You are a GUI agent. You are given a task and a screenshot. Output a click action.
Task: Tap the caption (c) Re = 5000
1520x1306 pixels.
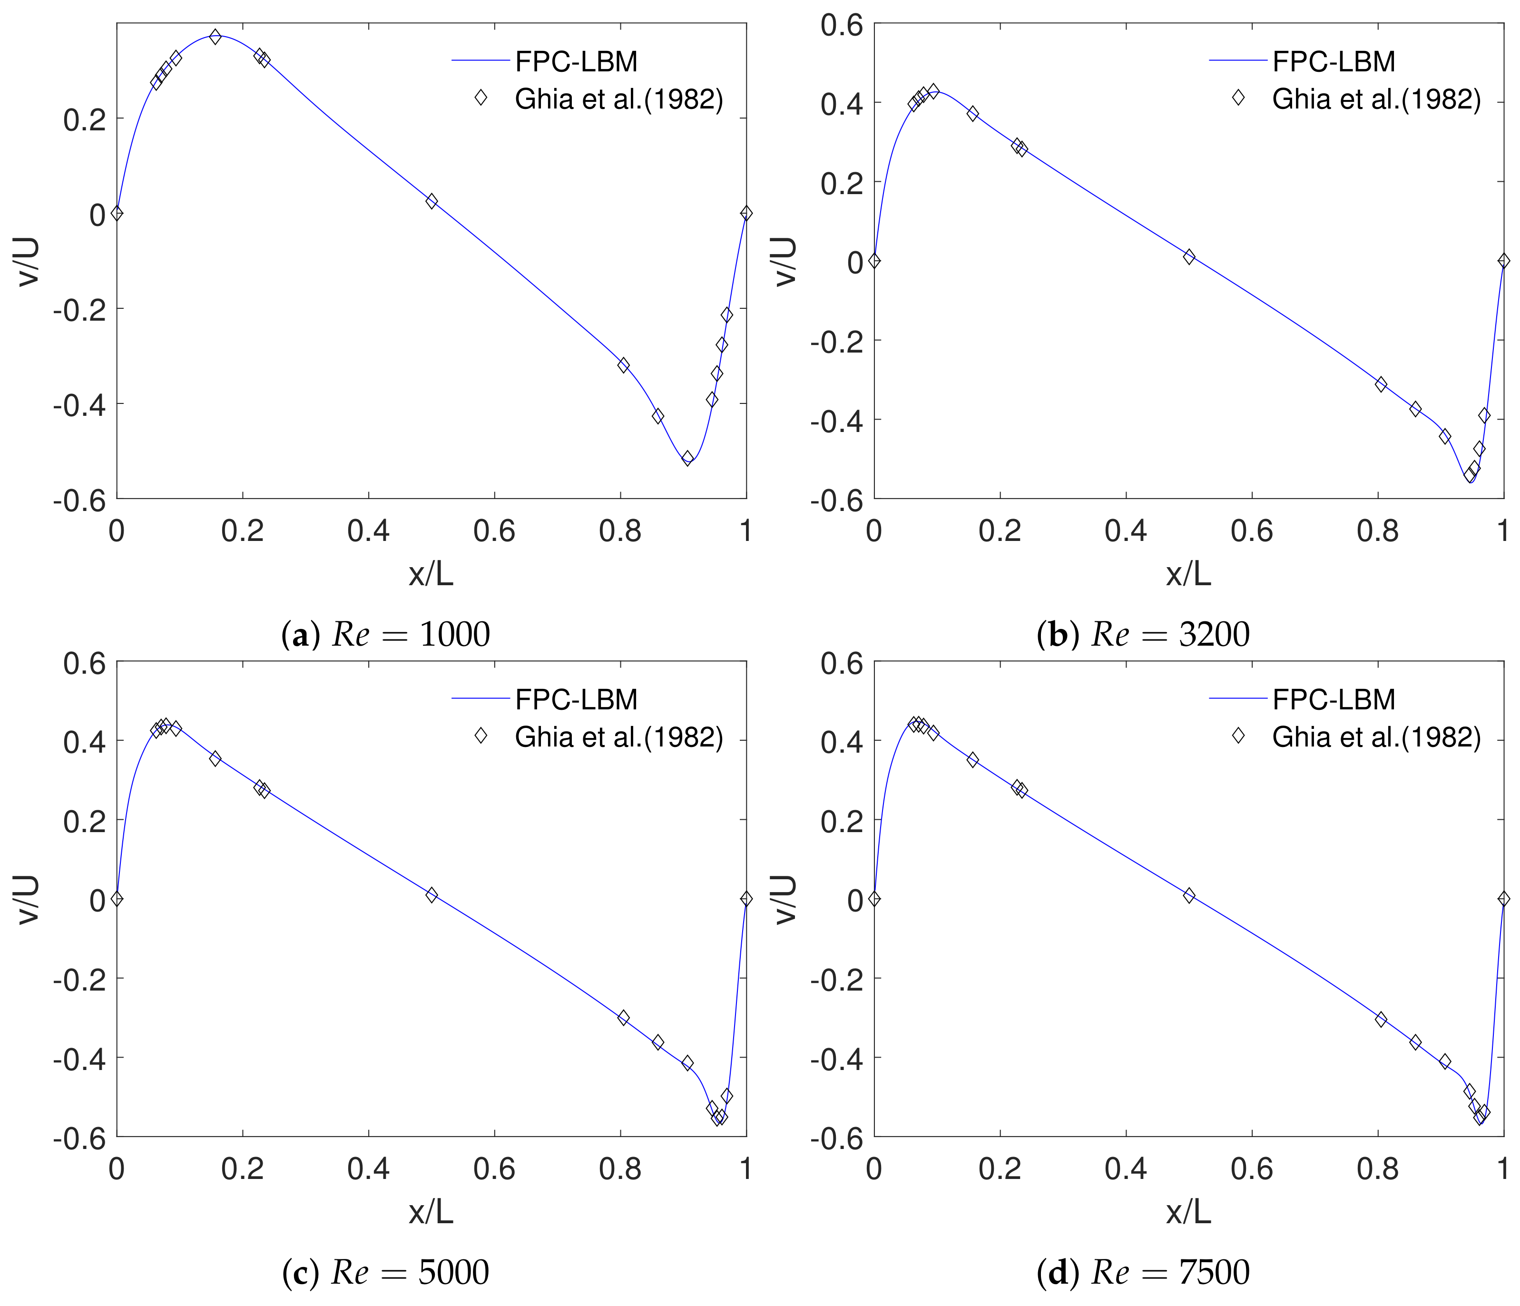386,1272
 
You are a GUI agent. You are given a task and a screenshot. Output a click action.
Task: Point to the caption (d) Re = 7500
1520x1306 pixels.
1143,1272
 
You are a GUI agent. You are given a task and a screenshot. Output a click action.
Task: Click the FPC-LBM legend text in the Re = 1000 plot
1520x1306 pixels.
577,62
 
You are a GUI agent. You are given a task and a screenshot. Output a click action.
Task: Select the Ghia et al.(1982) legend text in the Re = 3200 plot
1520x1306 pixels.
1376,99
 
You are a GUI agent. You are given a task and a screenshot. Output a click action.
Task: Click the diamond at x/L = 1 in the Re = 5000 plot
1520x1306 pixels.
746,898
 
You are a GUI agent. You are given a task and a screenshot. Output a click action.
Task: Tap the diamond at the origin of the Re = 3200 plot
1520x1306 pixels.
874,260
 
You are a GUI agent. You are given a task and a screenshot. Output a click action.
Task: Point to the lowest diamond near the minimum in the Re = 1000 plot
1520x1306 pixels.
687,458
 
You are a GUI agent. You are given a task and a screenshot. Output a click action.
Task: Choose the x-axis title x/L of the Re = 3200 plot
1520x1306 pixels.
1188,574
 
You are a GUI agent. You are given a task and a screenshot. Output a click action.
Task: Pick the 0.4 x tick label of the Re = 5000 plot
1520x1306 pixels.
368,1169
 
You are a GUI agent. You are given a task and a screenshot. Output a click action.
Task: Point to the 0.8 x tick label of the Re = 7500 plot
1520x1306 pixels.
1378,1169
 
